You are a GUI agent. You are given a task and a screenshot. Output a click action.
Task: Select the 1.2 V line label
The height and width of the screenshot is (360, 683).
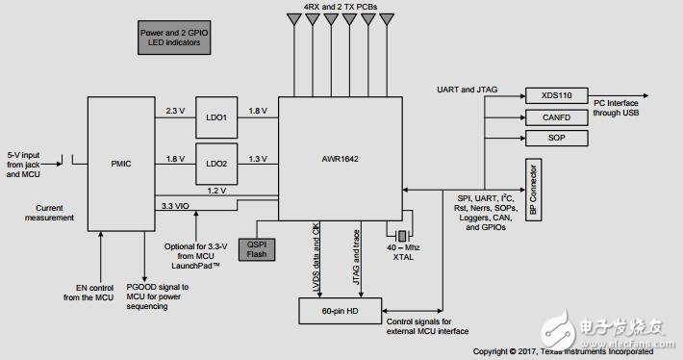click(215, 191)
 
